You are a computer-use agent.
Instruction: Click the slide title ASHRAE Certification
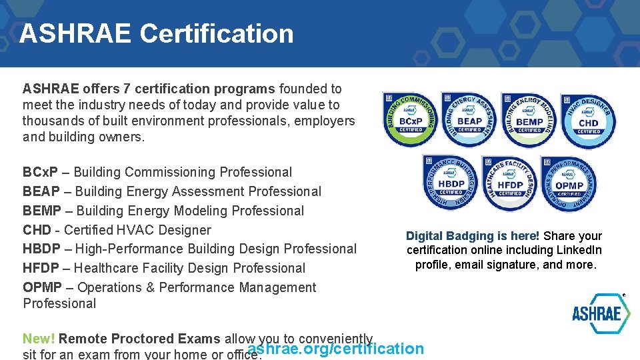click(156, 33)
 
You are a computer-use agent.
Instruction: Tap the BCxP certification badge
click(409, 120)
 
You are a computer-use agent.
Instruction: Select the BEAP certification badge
click(470, 120)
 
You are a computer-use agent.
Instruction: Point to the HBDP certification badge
click(451, 183)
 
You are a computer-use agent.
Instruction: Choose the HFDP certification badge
click(510, 183)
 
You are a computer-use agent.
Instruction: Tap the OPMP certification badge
click(569, 184)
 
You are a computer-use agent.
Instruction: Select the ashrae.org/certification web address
click(335, 349)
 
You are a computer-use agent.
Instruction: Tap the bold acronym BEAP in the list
click(41, 192)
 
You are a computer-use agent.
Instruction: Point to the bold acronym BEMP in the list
click(42, 211)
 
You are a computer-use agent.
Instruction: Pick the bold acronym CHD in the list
click(37, 231)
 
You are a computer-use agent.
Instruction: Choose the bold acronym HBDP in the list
click(41, 249)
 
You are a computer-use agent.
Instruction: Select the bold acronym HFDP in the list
click(41, 269)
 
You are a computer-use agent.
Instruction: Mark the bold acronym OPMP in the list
click(42, 288)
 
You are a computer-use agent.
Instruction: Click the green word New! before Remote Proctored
click(39, 339)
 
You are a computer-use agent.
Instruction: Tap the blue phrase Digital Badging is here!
click(473, 236)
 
